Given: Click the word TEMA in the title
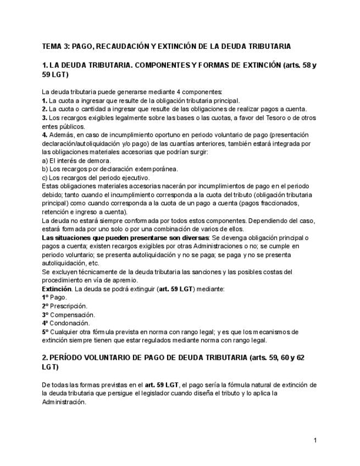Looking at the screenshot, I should pyautogui.click(x=52, y=46).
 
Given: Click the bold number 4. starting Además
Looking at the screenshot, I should pyautogui.click(x=45, y=135).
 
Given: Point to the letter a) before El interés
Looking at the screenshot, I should pyautogui.click(x=45, y=160).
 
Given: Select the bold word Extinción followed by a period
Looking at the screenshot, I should pyautogui.click(x=57, y=289).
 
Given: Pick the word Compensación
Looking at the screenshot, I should pyautogui.click(x=72, y=315).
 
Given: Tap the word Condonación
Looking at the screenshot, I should pyautogui.click(x=70, y=323).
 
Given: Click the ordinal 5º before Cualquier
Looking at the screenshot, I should pyautogui.click(x=45, y=332).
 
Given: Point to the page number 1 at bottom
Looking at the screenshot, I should pyautogui.click(x=315, y=440).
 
